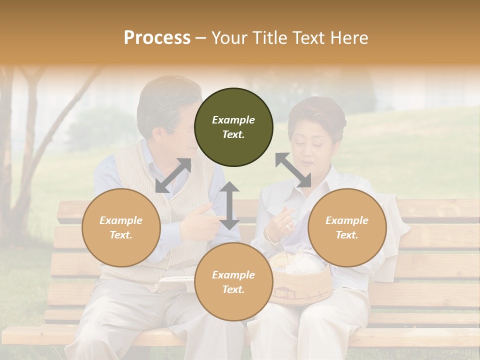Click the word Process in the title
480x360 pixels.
157,38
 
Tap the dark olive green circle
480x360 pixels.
233,127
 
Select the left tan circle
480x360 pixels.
121,227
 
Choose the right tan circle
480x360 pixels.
347,227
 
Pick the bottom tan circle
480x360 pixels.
233,282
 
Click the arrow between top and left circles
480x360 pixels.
173,175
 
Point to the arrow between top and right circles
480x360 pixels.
293,170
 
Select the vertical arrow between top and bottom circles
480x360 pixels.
229,205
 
